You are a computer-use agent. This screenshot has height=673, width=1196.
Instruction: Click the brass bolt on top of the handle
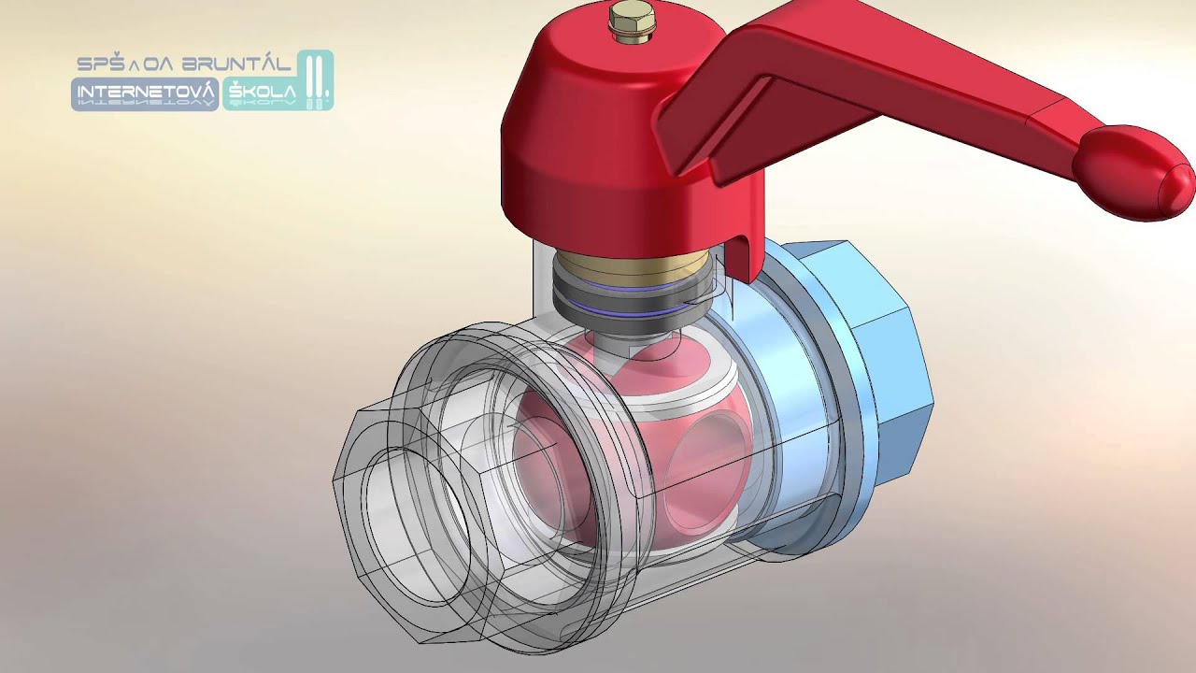click(x=631, y=21)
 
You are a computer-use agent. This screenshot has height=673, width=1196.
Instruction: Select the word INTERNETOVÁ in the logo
click(x=145, y=92)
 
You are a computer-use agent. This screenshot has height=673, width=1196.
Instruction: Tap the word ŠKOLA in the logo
click(x=263, y=92)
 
